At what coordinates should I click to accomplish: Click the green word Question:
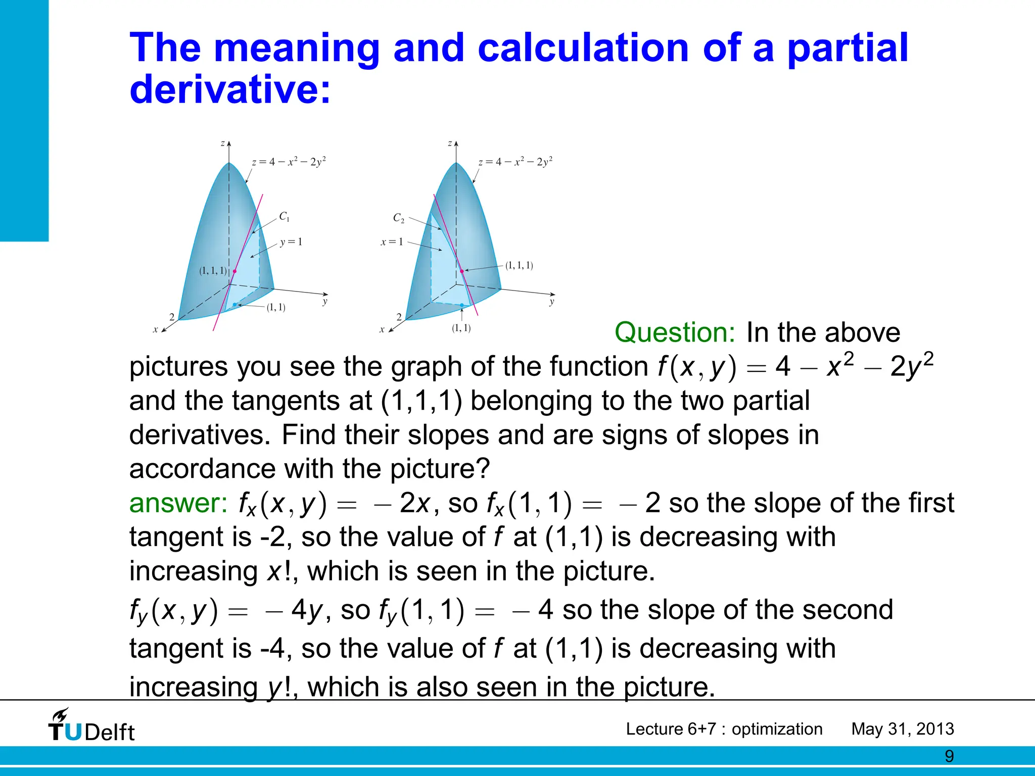click(x=675, y=333)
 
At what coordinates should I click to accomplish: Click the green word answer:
click(x=178, y=503)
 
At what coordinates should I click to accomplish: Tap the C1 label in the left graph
click(x=285, y=217)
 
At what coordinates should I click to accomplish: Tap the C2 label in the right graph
click(x=399, y=218)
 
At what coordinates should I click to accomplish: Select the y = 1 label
click(x=291, y=242)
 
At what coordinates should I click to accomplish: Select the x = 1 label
click(x=392, y=242)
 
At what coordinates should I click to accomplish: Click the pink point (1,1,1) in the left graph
click(x=234, y=271)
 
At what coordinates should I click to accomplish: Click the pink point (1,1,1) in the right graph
click(x=462, y=271)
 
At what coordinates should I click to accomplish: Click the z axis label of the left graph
click(x=222, y=143)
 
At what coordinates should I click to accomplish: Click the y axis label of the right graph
click(x=552, y=302)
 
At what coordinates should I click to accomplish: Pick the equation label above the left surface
click(x=289, y=162)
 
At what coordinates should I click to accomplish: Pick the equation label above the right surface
click(x=515, y=162)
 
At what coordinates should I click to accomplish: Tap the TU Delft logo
click(x=91, y=726)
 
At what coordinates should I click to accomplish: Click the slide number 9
click(x=950, y=756)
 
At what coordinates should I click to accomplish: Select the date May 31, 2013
click(x=903, y=729)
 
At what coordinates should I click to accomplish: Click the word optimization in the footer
click(x=777, y=729)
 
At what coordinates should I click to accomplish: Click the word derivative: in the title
click(x=230, y=89)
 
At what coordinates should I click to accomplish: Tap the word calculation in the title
click(x=583, y=48)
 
